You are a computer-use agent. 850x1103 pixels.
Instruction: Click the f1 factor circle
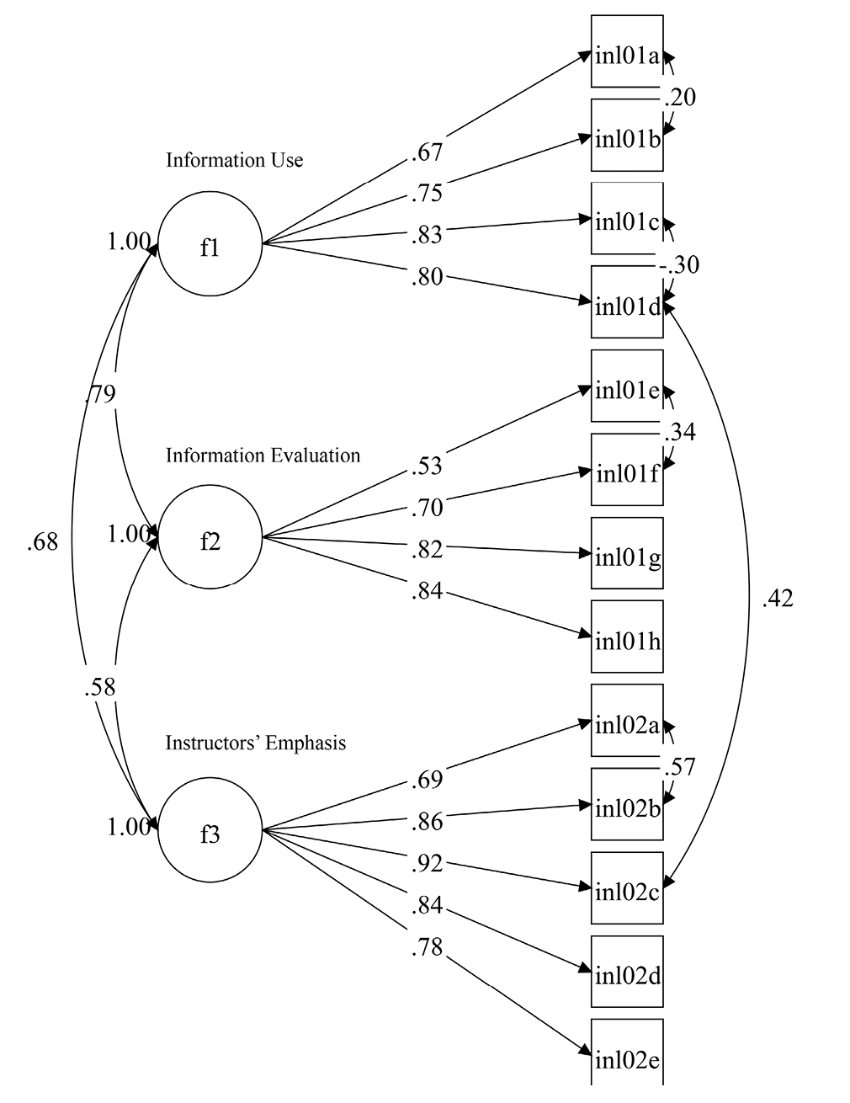coord(210,245)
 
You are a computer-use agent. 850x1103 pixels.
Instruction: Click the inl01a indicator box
coord(627,51)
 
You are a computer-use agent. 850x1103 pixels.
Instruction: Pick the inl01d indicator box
coord(627,302)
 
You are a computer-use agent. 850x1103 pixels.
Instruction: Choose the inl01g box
coord(627,553)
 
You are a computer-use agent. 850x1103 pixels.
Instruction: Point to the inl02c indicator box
coord(627,887)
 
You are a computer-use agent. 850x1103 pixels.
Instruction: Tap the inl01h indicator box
coord(627,637)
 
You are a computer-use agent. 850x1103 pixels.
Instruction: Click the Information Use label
coord(234,160)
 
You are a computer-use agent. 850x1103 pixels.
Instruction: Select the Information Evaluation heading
coord(263,456)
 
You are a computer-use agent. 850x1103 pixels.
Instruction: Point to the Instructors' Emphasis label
coord(255,743)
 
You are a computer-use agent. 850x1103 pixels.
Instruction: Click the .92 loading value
coord(428,863)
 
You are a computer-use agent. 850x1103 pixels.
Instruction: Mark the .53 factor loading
coord(428,466)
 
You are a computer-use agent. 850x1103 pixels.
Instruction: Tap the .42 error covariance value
coord(777,599)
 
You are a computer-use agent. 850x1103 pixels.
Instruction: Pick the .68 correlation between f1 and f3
coord(43,542)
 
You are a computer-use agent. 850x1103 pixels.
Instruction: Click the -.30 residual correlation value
coord(679,265)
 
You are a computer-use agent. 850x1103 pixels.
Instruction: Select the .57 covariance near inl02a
coord(679,767)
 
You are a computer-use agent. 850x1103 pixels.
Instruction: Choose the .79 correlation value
coord(100,394)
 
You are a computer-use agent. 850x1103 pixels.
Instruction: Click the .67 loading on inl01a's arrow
coord(428,152)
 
